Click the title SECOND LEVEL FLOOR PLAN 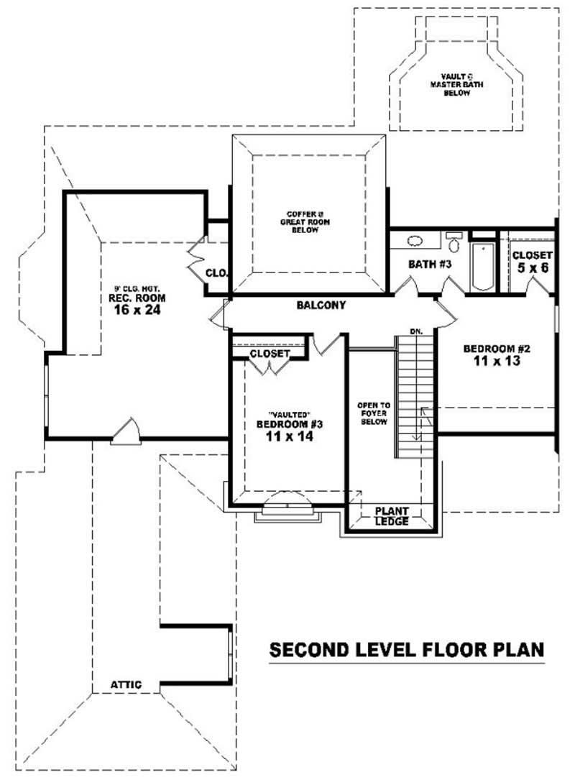tap(406, 650)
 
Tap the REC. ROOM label tap(137, 298)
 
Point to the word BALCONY tap(321, 305)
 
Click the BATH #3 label tap(429, 265)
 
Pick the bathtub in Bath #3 tap(482, 267)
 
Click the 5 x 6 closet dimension tap(532, 267)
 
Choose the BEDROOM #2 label tap(497, 349)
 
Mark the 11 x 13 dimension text tap(497, 362)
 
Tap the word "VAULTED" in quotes tap(288, 415)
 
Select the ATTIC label tap(126, 684)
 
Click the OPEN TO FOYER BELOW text tap(373, 413)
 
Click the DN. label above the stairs tap(416, 331)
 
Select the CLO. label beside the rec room tap(216, 273)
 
